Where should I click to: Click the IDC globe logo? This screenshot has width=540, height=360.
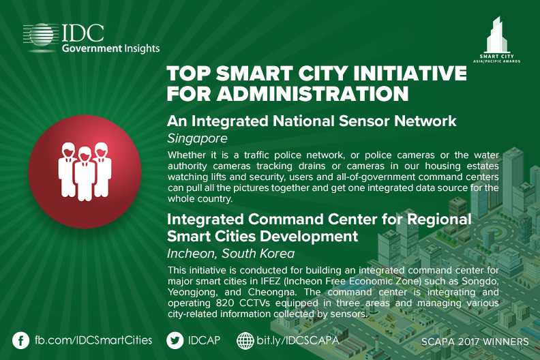[x=41, y=35]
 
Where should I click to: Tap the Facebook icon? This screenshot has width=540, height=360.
[x=20, y=341]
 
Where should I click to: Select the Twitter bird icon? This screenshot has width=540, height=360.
[x=175, y=341]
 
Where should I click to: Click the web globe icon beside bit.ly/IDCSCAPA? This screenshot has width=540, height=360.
[x=245, y=341]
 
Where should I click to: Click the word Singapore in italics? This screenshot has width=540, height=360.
[x=197, y=138]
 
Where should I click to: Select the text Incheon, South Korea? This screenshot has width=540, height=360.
[x=230, y=254]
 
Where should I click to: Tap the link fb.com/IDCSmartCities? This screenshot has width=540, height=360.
[x=93, y=340]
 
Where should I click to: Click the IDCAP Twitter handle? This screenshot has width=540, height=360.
[x=204, y=340]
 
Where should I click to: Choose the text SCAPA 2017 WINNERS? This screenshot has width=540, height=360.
[x=475, y=342]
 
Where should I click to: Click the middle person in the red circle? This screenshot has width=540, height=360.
[x=85, y=174]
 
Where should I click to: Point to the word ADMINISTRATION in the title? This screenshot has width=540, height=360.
[x=313, y=93]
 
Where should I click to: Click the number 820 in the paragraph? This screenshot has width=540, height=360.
[x=225, y=303]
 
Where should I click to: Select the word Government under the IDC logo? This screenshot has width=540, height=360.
[x=92, y=48]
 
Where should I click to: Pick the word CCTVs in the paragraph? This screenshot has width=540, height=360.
[x=254, y=303]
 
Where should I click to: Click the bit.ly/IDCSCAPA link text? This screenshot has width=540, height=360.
[x=298, y=340]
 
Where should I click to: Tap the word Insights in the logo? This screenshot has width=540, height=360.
[x=142, y=48]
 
